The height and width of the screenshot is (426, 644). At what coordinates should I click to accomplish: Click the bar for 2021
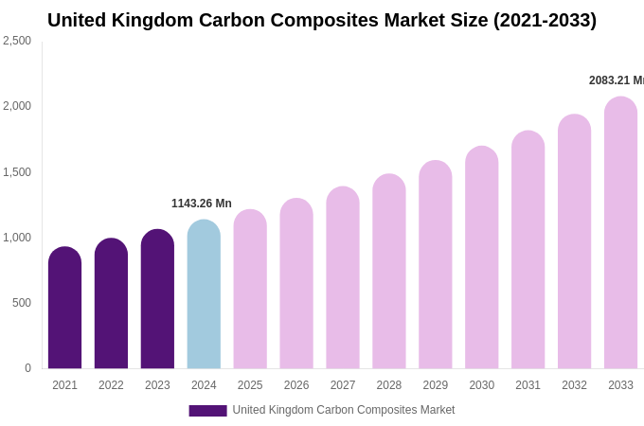point(64,308)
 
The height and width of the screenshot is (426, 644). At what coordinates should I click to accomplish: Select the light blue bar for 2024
point(204,294)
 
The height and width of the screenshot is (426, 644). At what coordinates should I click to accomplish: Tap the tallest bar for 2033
point(620,233)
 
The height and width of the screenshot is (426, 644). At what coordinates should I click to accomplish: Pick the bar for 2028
point(388,272)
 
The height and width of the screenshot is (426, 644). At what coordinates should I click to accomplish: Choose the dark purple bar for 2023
point(157,299)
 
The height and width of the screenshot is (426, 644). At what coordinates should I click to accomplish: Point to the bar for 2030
point(481,257)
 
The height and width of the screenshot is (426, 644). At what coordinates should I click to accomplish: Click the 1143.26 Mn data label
point(201,204)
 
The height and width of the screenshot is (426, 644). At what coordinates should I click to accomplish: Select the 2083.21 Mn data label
point(616,80)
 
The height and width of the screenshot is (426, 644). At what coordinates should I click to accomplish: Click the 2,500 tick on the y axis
point(17,41)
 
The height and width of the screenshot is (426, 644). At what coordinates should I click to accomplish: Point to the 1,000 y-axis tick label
point(17,238)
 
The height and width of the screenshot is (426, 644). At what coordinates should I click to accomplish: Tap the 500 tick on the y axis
point(21,303)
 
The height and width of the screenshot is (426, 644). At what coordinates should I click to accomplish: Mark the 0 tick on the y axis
point(27,368)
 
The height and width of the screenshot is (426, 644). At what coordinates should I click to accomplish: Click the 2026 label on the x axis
point(296,385)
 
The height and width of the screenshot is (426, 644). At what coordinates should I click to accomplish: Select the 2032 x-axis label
point(574,385)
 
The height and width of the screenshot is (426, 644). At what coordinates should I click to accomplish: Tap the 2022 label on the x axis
point(111,385)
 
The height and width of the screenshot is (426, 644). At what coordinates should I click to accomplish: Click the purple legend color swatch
point(207,411)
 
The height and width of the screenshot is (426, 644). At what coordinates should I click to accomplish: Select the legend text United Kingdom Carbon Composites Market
point(344,410)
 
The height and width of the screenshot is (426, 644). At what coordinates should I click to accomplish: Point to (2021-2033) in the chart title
point(545,20)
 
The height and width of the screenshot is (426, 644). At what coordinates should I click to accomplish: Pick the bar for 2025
point(250,290)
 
